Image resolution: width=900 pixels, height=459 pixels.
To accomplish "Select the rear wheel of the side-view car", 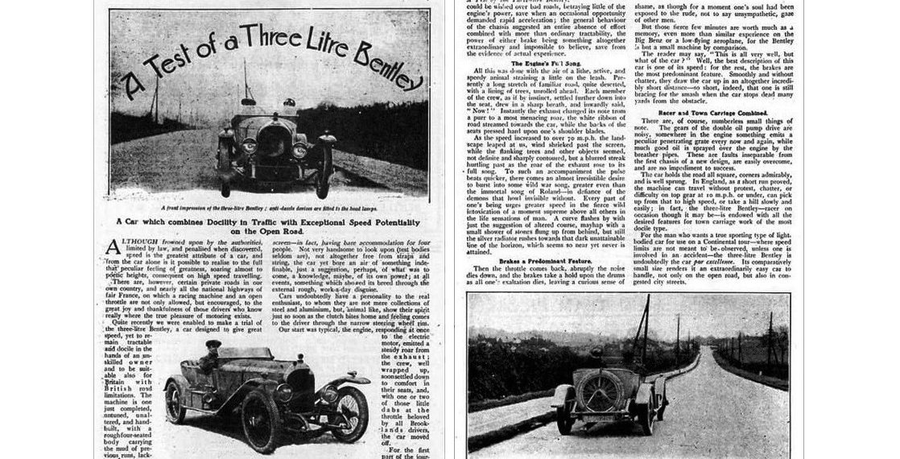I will tap(175, 402).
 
